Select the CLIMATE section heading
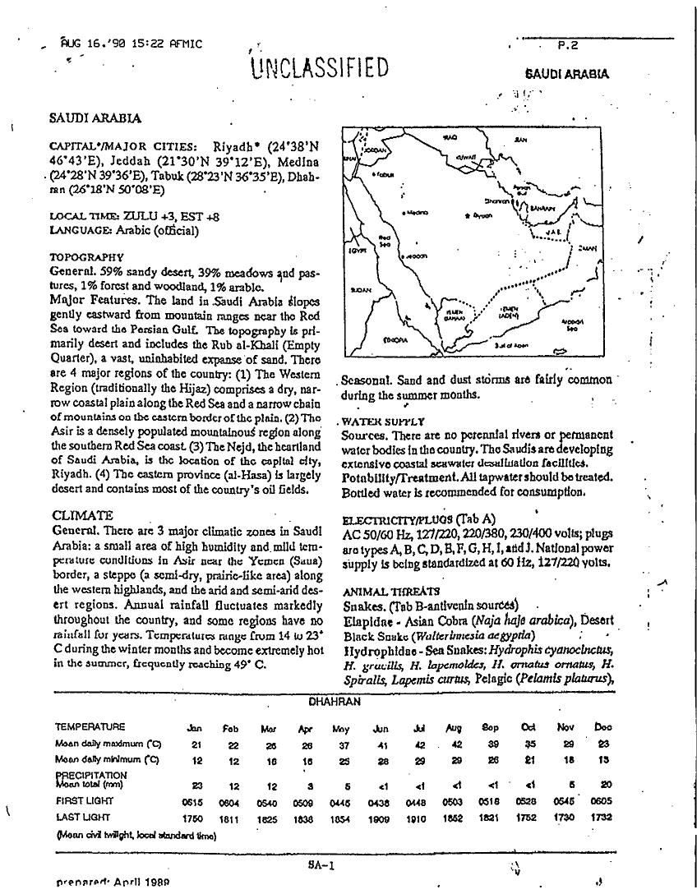point(82,515)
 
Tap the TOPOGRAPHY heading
point(87,257)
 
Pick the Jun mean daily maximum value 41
point(381,744)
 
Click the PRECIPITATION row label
point(91,774)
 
